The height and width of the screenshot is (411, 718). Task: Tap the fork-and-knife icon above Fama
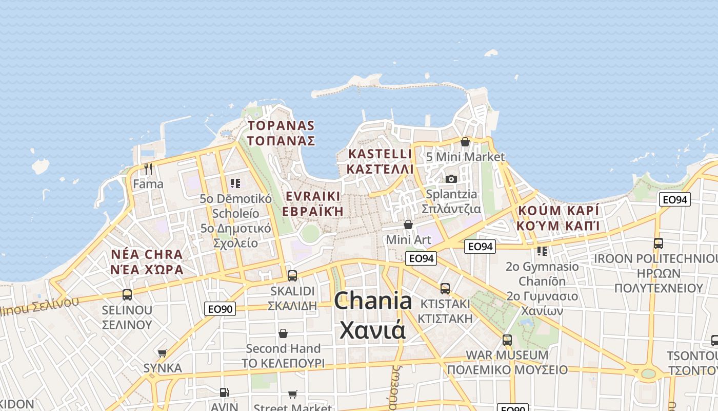148,169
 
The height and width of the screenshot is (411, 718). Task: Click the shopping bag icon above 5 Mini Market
465,142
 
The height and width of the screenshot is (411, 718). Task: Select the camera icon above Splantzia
451,179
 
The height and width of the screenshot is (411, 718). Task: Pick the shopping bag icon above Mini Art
408,225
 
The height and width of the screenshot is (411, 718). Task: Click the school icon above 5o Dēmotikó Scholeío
235,183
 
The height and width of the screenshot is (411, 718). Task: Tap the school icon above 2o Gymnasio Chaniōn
542,251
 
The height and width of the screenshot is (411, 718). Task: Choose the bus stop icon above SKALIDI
292,275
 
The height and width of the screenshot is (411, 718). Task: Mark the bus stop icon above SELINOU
127,295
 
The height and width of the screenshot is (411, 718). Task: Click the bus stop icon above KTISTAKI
445,288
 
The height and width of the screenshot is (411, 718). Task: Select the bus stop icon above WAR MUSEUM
507,340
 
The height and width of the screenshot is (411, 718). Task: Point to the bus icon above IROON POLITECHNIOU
659,244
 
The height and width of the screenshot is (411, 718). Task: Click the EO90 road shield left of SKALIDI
220,309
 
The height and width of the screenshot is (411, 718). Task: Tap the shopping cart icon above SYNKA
163,353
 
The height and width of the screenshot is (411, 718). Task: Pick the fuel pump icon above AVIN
224,393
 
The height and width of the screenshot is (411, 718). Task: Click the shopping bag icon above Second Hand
283,333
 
